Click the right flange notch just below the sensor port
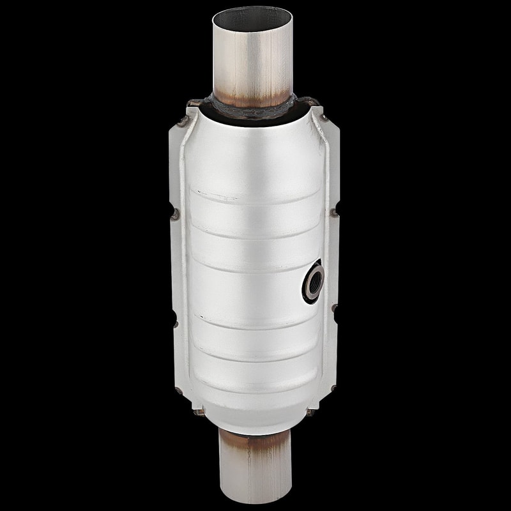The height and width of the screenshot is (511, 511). pos(334,309)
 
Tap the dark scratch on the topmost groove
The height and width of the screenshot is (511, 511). pos(207,192)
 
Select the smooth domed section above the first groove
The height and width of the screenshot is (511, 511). pos(256,153)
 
